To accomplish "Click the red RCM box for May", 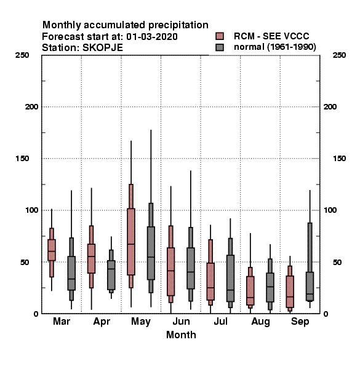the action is tap(131, 242).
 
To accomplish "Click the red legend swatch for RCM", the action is tap(220, 36).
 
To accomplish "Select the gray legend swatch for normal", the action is tap(220, 47).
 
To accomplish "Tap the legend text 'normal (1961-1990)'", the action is tap(274, 47).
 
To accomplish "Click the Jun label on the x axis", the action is tap(181, 322).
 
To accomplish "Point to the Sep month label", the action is tap(300, 322).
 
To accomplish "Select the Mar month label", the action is tap(62, 322).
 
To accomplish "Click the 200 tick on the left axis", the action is tap(31, 107).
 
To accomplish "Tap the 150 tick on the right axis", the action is tap(339, 159).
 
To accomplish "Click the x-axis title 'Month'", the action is tap(181, 335).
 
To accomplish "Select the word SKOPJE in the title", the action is tap(103, 48).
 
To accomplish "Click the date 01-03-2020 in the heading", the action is tap(152, 37).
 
